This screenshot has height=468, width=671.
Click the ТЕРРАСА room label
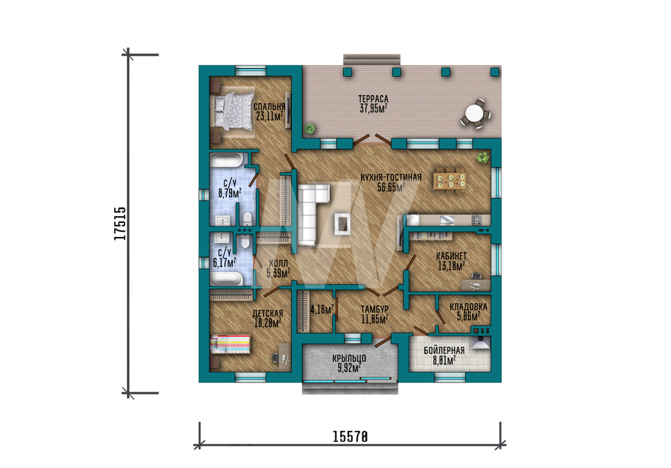tap(373, 99)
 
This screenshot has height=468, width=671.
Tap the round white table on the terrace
tap(474, 113)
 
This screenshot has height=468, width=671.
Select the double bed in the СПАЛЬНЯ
tap(234, 111)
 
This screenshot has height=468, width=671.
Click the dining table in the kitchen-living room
tap(450, 180)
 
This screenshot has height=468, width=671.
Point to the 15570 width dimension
tap(350, 436)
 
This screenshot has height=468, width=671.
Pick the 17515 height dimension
tap(120, 224)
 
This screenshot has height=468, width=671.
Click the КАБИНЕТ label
tap(451, 256)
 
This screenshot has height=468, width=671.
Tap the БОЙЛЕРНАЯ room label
tap(444, 350)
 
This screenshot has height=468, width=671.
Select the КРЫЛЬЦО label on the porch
tap(349, 359)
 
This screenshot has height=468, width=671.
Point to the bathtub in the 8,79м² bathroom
tap(227, 161)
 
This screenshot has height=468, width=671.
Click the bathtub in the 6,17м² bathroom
tap(227, 279)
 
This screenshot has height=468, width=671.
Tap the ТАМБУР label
tap(374, 309)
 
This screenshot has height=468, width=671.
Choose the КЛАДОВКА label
tap(468, 307)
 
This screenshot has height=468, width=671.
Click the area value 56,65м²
tap(391, 187)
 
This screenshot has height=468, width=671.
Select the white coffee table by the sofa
tap(343, 223)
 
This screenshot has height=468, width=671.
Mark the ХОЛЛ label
tap(278, 264)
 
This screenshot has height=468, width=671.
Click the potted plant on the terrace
tap(309, 128)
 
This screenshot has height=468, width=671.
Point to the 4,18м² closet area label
tap(322, 309)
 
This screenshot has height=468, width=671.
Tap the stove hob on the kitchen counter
tap(476, 220)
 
